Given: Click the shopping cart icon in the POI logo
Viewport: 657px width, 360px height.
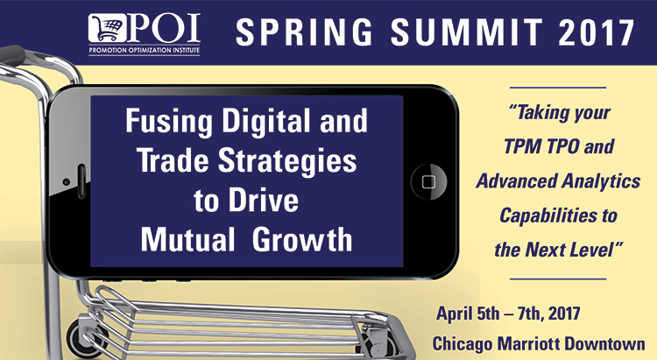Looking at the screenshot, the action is click(107, 28).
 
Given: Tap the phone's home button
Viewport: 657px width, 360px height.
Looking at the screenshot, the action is click(428, 182).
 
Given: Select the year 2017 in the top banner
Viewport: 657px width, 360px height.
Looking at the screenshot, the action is click(596, 32).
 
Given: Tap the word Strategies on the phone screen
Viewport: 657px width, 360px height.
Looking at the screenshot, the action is click(287, 161).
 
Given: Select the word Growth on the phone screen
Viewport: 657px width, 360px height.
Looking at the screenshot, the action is click(302, 240).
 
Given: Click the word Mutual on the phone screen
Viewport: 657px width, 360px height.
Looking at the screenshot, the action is click(187, 240).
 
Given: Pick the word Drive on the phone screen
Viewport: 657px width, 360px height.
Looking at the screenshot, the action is click(263, 201).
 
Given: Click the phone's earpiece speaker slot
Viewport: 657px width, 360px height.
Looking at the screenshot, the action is click(81, 181).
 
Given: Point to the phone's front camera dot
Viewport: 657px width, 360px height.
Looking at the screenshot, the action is click(67, 182).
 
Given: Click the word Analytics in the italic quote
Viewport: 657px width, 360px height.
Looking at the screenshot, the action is click(601, 181).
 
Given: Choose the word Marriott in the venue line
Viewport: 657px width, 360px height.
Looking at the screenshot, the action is click(527, 343).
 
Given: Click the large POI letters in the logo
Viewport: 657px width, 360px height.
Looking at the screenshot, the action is click(164, 28).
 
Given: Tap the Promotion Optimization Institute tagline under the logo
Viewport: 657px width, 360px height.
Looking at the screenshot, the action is click(145, 51).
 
